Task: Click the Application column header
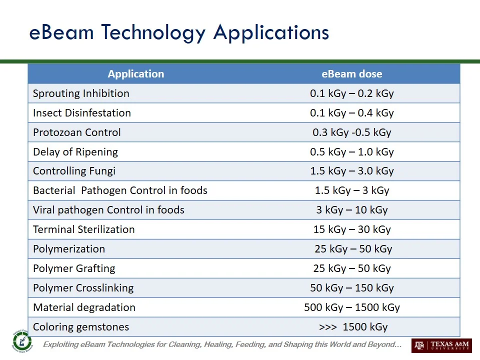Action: point(135,74)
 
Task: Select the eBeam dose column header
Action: point(351,74)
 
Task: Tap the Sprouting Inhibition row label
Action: point(81,93)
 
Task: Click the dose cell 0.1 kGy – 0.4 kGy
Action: point(351,113)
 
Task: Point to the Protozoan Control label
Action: point(76,132)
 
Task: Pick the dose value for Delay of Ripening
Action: point(351,152)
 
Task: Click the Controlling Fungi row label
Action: point(74,171)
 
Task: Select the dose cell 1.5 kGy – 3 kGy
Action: point(351,190)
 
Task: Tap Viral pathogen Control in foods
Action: point(108,210)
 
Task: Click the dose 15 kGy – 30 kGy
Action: point(351,229)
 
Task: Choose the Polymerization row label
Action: point(69,249)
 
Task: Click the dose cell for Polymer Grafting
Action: point(351,268)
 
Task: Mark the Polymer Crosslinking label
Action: point(83,288)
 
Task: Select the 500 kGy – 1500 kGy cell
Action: point(351,307)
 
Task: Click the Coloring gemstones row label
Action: point(81,327)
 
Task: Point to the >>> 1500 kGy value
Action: point(353,327)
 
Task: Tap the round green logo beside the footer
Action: point(21,341)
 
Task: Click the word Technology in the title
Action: point(153,32)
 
